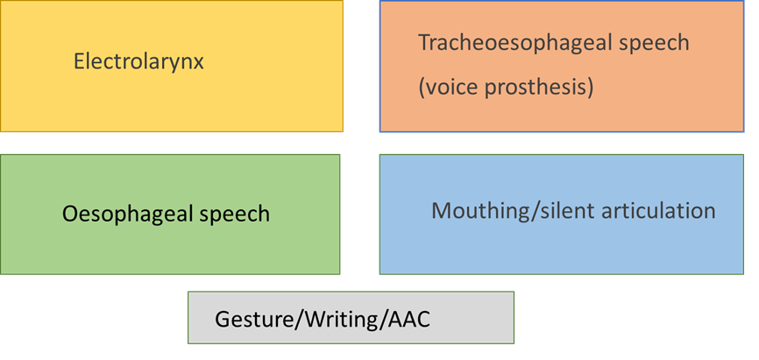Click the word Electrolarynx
[138, 62]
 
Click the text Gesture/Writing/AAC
[323, 319]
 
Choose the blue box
[561, 250]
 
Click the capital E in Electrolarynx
[79, 62]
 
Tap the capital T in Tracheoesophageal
[423, 42]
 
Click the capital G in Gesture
[223, 319]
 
